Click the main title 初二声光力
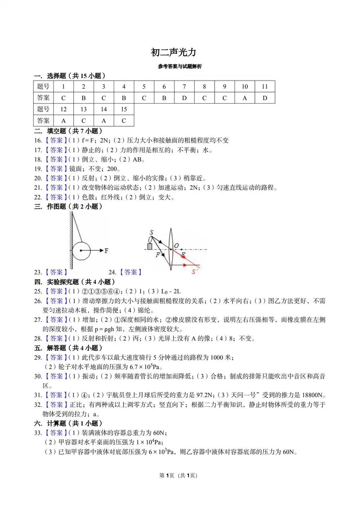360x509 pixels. [174, 53]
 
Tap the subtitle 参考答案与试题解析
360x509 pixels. [180, 67]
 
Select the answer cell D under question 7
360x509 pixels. [184, 98]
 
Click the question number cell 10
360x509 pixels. [245, 86]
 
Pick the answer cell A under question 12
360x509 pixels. [63, 121]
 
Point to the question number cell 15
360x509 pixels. [124, 109]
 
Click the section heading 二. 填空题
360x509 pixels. [68, 131]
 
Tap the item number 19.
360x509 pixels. [38, 169]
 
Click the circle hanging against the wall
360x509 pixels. [81, 251]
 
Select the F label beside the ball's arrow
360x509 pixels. [107, 251]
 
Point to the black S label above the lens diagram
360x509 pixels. [152, 233]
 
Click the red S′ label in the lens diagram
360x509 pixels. [195, 272]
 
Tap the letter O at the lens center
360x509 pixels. [176, 246]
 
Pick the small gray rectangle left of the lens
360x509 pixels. [150, 247]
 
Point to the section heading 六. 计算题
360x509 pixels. [68, 423]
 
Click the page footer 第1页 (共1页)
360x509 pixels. [178, 476]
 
